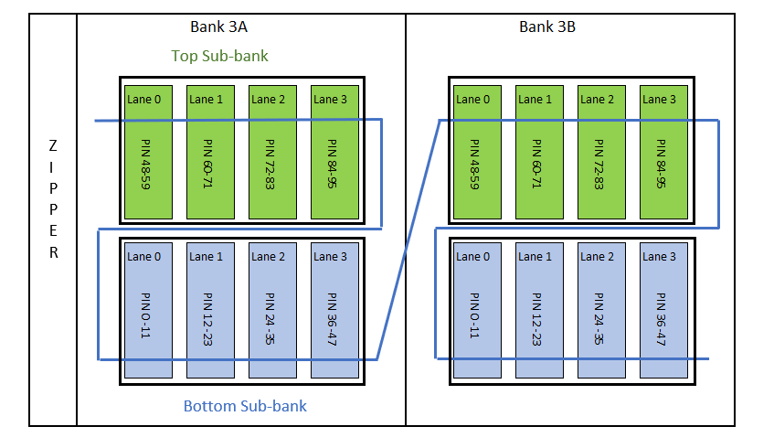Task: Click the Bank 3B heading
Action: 547,27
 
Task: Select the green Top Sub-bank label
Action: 219,56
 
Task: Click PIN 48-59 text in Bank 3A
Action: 147,164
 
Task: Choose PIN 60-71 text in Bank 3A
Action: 209,164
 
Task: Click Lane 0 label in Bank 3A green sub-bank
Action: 144,100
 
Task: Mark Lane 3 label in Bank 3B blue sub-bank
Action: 659,257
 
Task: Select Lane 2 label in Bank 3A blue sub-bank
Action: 268,257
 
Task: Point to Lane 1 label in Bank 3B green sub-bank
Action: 535,100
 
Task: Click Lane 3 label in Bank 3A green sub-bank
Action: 330,100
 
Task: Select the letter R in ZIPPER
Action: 52,253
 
